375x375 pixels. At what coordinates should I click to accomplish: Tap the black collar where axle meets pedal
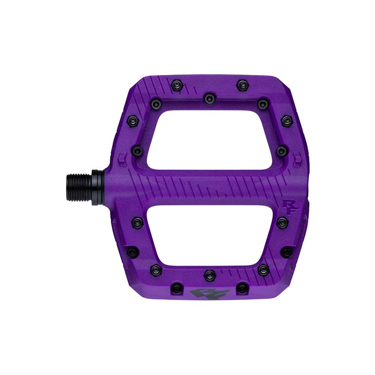click(97, 187)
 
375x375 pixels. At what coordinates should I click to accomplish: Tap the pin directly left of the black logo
click(177, 288)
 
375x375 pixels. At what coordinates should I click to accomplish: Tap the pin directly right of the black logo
click(242, 288)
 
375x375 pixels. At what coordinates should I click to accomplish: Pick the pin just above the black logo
click(209, 275)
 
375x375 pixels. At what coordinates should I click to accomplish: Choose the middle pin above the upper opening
click(209, 98)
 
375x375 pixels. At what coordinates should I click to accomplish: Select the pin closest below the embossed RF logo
click(282, 222)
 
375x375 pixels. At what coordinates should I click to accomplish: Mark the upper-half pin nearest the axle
click(137, 152)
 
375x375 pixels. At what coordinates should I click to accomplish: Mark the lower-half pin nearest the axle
click(137, 222)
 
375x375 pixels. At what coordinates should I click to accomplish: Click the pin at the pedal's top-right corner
click(286, 121)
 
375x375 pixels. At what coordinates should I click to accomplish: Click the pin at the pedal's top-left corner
click(132, 121)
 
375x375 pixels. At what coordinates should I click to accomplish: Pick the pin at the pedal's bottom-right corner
click(286, 252)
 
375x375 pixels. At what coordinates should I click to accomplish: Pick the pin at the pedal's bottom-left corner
click(132, 252)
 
